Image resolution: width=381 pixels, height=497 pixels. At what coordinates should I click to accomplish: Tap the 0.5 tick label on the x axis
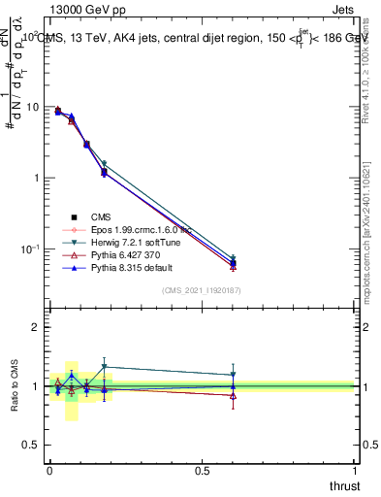pyautogui.click(x=202, y=471)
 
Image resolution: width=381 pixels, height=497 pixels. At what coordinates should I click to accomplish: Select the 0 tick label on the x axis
pyautogui.click(x=49, y=471)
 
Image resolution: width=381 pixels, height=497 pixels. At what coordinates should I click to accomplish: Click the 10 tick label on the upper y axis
pyautogui.click(x=32, y=107)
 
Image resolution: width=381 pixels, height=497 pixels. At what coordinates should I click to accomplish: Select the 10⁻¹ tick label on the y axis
pyautogui.click(x=30, y=249)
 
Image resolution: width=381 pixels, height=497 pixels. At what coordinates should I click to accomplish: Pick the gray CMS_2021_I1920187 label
pyautogui.click(x=202, y=290)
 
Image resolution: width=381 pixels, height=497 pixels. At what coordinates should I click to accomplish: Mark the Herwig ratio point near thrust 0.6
pyautogui.click(x=233, y=375)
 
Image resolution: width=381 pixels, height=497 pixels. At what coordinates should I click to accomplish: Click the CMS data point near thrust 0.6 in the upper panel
pyautogui.click(x=233, y=263)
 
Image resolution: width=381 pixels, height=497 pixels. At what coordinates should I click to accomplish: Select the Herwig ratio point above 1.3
pyautogui.click(x=104, y=367)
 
